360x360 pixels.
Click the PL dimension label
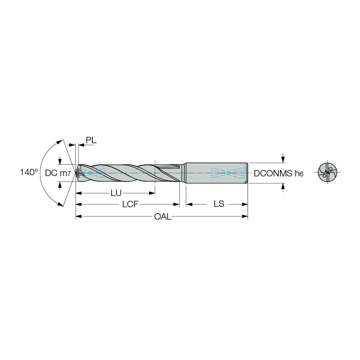(91, 140)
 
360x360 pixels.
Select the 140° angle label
(29, 172)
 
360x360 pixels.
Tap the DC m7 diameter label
(58, 173)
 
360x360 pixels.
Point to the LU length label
(116, 193)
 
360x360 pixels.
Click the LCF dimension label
(130, 204)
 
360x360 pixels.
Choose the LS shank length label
(219, 204)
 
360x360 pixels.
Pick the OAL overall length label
(163, 216)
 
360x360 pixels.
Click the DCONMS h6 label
(278, 173)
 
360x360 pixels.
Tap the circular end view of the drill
(328, 172)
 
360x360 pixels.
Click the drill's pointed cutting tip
(76, 173)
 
